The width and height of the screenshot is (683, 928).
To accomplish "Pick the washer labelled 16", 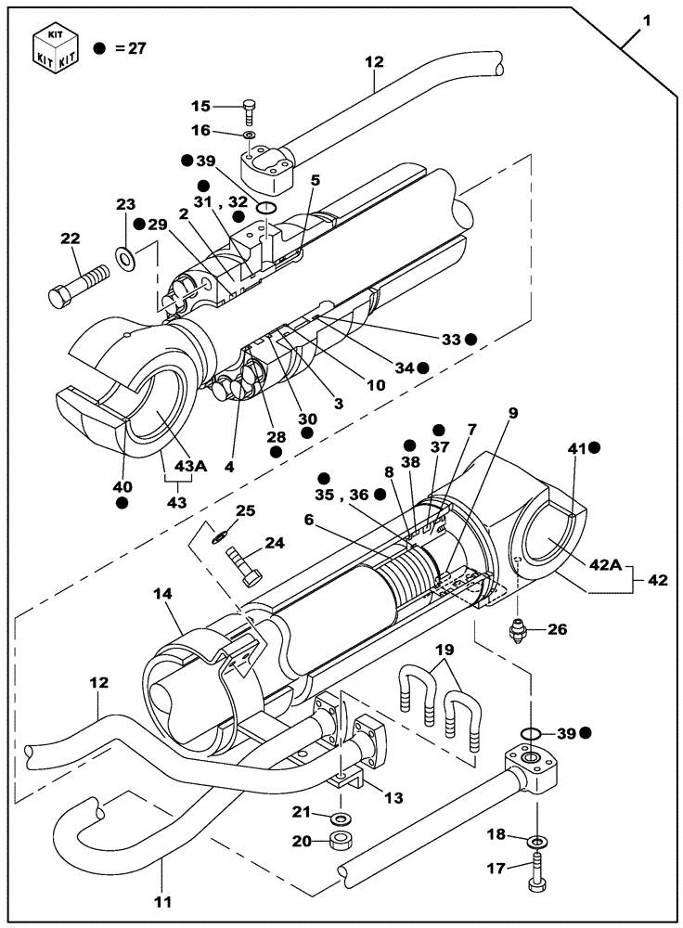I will (x=251, y=135).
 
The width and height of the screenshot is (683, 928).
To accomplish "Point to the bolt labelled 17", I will (x=535, y=872).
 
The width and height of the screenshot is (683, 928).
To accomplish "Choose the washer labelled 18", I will (x=537, y=842).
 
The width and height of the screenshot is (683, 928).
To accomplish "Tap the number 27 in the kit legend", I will (x=137, y=48).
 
